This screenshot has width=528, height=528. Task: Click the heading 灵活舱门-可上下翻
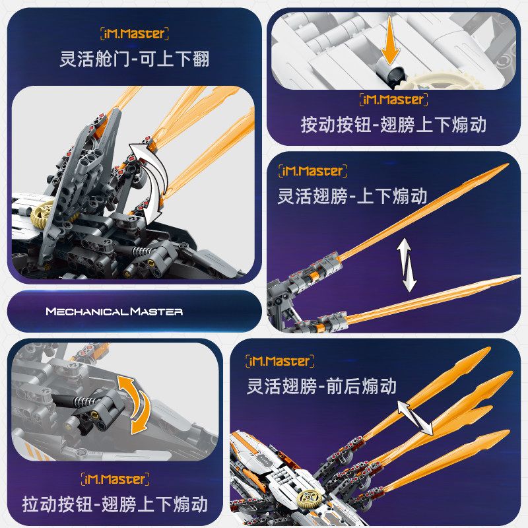click(x=135, y=59)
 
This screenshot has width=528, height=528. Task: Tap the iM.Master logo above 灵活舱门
click(x=135, y=33)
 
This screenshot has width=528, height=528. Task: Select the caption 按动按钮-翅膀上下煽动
click(x=393, y=125)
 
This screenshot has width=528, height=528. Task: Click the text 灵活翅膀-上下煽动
click(x=354, y=196)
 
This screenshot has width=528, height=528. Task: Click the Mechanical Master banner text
click(x=114, y=311)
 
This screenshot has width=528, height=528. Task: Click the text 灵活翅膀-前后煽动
click(x=321, y=385)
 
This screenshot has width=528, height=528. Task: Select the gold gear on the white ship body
click(x=309, y=499)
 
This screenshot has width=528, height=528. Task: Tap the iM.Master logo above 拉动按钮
click(x=114, y=479)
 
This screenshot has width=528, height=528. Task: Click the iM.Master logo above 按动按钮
click(x=393, y=100)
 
